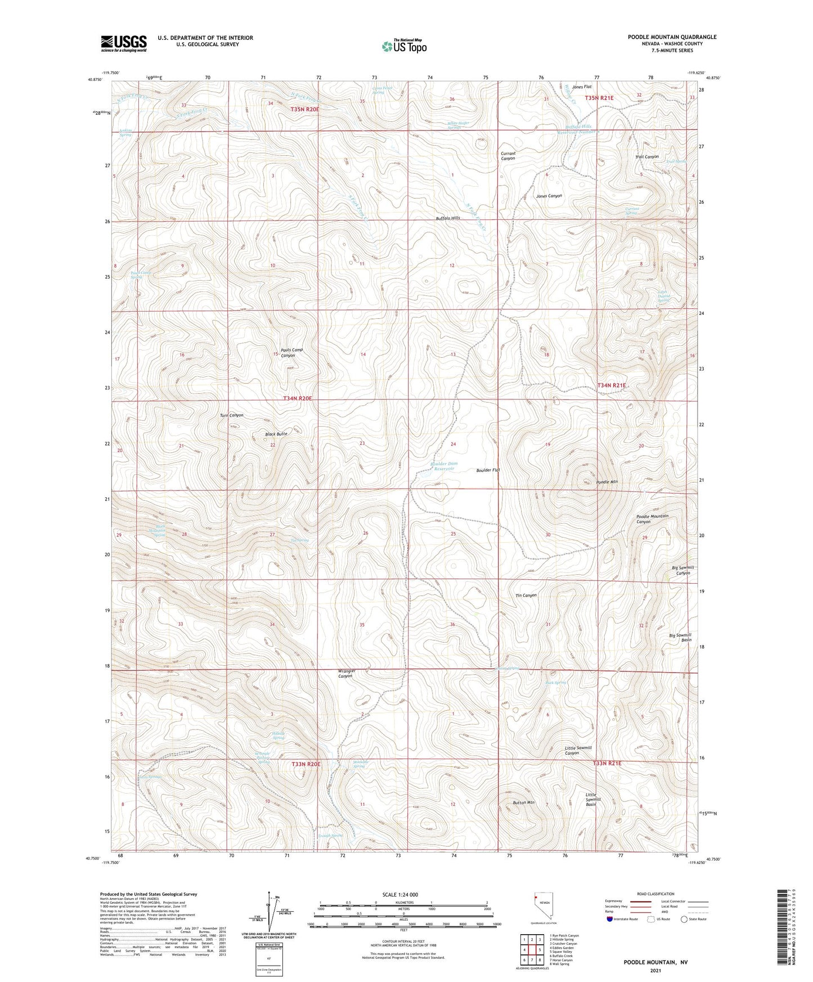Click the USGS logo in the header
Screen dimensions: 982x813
123,43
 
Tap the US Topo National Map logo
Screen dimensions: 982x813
404,46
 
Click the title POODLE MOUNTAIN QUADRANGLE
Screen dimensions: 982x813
672,37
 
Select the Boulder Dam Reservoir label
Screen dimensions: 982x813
444,466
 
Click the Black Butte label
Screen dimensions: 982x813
276,434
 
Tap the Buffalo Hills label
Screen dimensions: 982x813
448,218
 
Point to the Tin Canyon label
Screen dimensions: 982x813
526,595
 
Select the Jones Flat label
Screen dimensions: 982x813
582,87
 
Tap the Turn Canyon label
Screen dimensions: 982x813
232,415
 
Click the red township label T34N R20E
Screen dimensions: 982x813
297,398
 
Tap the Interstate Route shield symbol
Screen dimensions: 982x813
610,919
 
